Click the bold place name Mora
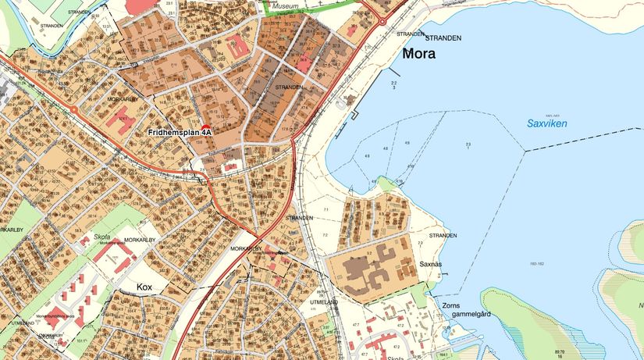click(x=419, y=55)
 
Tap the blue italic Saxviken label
click(x=546, y=123)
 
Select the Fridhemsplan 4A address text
click(x=180, y=133)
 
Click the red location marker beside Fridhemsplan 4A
click(x=206, y=127)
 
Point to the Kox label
click(x=144, y=287)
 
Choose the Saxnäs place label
click(x=430, y=265)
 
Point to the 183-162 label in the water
click(x=536, y=265)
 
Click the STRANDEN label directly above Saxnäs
click(x=442, y=234)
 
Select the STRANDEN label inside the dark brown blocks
click(x=288, y=87)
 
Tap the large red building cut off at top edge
click(x=141, y=5)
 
